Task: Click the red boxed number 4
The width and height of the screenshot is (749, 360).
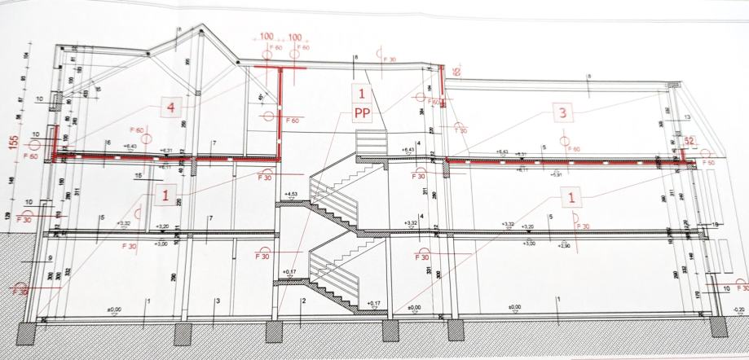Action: (170, 107)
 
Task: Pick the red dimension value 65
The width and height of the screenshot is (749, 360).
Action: (456, 72)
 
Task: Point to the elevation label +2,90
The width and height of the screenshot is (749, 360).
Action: (557, 244)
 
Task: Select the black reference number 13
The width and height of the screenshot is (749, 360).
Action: (687, 117)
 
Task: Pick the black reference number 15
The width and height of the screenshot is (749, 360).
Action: (139, 175)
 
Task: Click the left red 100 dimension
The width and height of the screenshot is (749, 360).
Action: (267, 37)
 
